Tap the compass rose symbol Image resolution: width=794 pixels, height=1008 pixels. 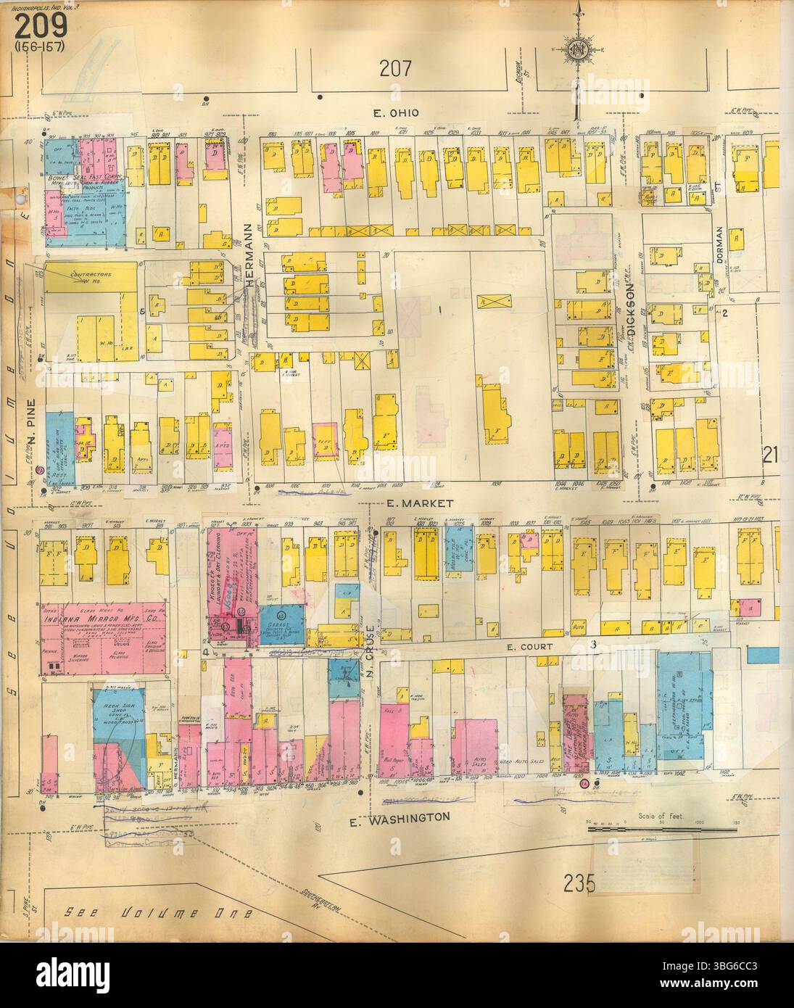[x=579, y=50]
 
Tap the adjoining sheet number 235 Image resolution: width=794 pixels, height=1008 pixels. [x=578, y=883]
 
